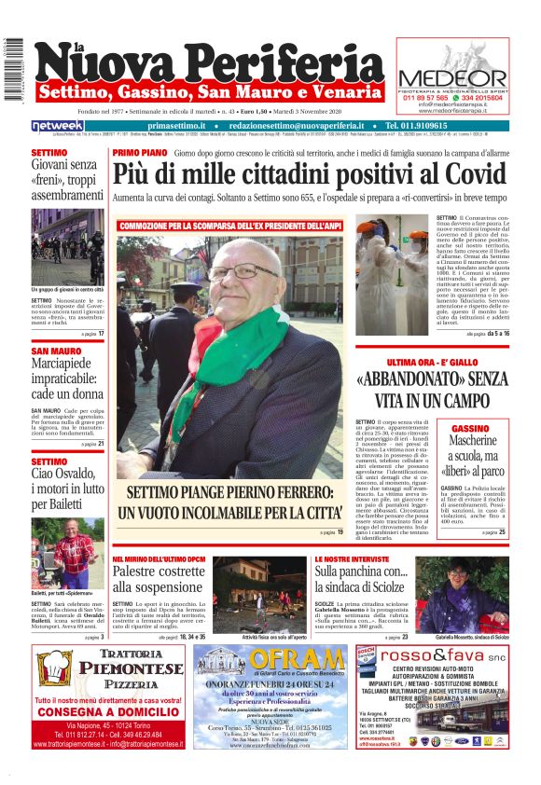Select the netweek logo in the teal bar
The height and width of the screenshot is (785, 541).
point(57,125)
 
